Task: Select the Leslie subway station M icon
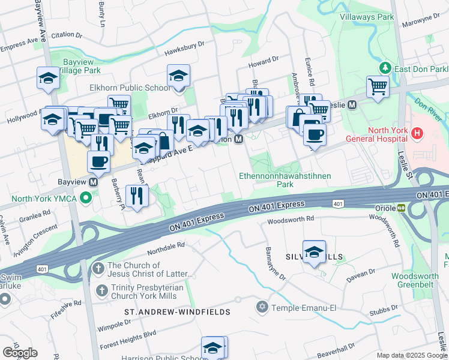(352, 104)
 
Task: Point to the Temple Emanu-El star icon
(261, 308)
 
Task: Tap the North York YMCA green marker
(86, 196)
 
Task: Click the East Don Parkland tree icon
(385, 68)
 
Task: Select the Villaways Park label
(367, 17)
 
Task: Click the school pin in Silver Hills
(313, 252)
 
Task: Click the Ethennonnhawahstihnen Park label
(285, 181)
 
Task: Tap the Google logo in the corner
(20, 353)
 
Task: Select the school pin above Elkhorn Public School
(178, 76)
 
